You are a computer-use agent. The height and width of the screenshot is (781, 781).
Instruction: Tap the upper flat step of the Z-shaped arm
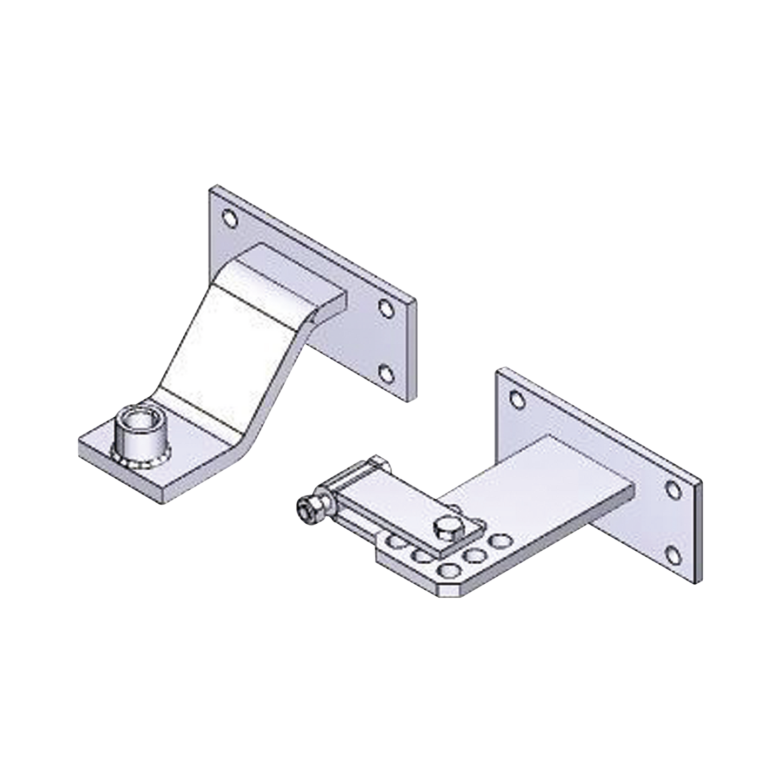[x=281, y=276]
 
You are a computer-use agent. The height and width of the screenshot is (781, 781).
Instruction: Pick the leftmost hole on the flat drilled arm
[x=399, y=542]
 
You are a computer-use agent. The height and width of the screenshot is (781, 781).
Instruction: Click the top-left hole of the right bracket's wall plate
[x=517, y=400]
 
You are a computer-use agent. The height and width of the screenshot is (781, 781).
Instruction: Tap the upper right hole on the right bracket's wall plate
[x=673, y=490]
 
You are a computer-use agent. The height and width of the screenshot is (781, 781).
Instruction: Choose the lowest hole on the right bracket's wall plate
[x=672, y=553]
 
